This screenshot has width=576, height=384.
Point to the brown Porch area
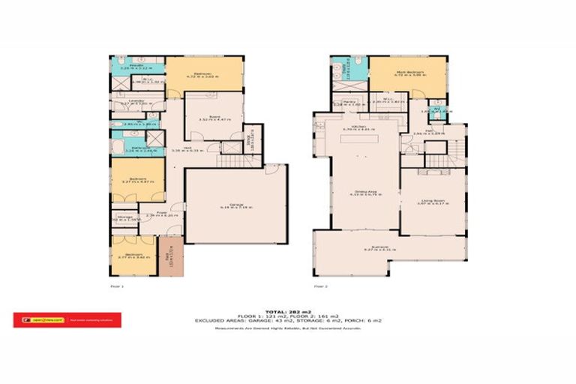point(170,256)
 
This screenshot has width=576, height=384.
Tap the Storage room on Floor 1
point(124,220)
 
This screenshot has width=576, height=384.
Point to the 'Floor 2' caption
point(321,286)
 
